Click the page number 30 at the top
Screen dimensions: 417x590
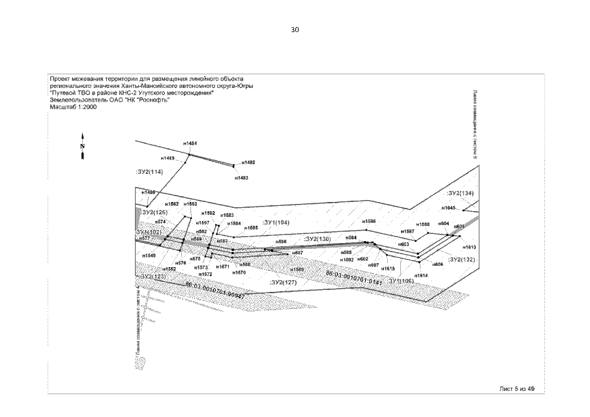295,30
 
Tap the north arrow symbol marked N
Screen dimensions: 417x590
83,147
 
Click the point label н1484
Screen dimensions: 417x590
190,143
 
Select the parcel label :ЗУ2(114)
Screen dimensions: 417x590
149,171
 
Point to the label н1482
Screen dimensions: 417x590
248,162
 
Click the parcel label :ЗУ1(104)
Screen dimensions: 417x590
275,222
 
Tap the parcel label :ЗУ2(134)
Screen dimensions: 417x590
460,194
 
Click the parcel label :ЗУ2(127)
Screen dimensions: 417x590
283,282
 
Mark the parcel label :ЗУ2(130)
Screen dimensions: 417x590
317,239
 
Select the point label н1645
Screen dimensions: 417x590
448,208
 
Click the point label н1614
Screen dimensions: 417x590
421,276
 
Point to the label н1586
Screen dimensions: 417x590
369,222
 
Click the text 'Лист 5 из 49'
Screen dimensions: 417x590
517,388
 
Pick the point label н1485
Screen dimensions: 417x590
167,158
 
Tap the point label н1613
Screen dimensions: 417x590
469,248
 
